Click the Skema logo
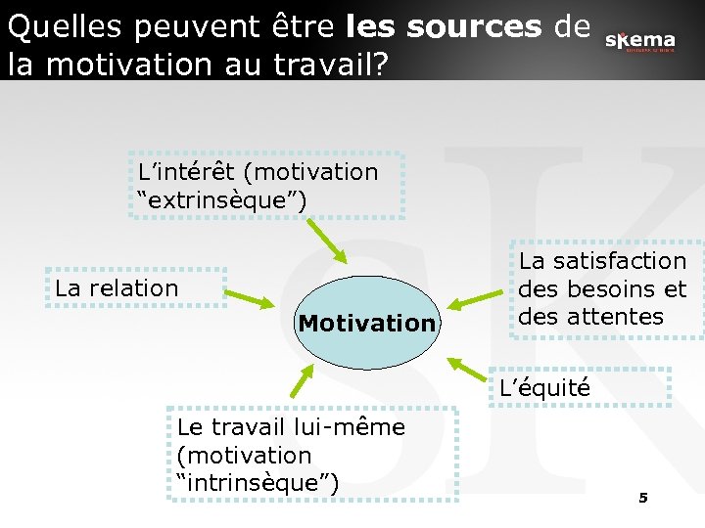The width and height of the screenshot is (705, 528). click(x=639, y=41)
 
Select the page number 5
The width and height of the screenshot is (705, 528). click(x=643, y=499)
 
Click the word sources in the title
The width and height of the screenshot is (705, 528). click(x=474, y=28)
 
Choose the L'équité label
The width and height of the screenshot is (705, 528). click(x=544, y=388)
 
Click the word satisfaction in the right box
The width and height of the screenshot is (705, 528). click(x=603, y=261)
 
